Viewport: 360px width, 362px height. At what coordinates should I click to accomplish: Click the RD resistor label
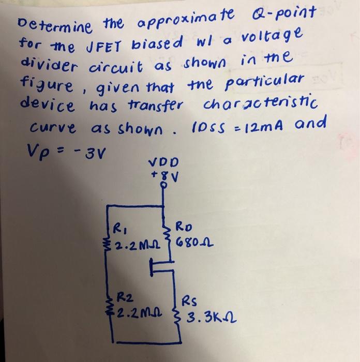(185, 226)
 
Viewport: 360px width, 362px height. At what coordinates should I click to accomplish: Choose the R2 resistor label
(125, 298)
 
